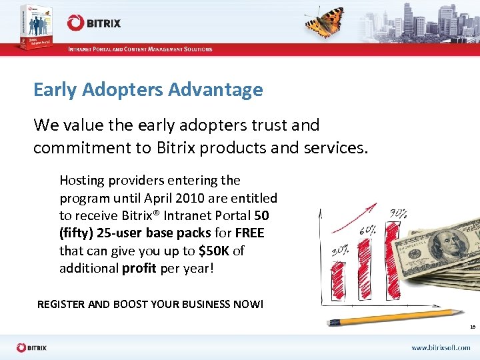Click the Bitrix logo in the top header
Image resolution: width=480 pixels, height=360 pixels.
94,23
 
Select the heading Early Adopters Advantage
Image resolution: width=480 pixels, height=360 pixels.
148,89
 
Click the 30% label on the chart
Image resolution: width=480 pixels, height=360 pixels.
341,252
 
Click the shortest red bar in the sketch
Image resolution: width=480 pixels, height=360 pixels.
339,283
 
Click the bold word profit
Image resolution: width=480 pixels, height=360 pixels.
139,267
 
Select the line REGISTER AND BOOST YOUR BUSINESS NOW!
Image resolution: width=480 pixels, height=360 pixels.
150,304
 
